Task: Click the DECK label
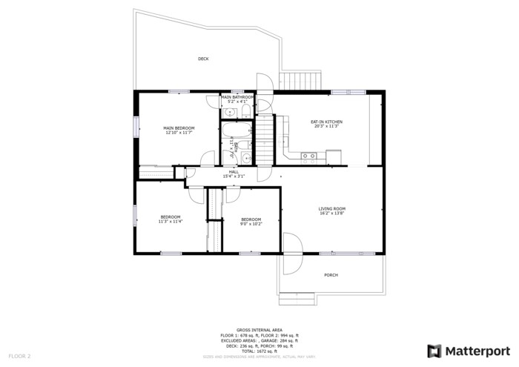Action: [x=202, y=59]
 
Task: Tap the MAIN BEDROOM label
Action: [x=179, y=128]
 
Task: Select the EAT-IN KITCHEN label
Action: [x=326, y=122]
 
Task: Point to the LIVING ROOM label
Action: [x=332, y=209]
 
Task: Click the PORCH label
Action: [x=331, y=275]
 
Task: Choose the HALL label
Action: [x=234, y=172]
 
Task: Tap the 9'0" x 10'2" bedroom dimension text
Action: [x=251, y=223]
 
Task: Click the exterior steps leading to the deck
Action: [x=301, y=81]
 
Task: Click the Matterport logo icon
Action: [x=434, y=351]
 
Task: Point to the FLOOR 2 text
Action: [x=19, y=357]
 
